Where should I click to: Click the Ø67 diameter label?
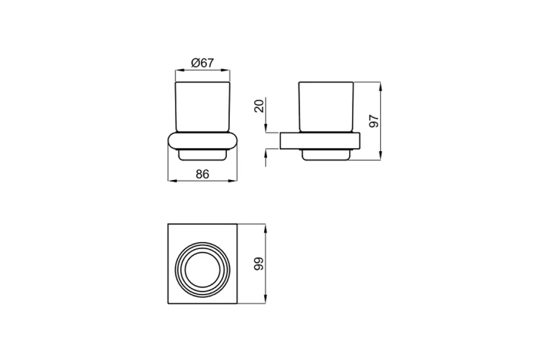click(204, 63)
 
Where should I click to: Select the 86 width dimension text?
click(204, 173)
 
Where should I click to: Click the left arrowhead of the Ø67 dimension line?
click(179, 71)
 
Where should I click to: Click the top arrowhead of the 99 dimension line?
click(267, 228)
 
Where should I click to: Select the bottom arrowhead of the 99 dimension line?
click(267, 300)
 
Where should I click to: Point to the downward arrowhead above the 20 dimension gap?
click(267, 130)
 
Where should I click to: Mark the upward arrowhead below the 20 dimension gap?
click(267, 152)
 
